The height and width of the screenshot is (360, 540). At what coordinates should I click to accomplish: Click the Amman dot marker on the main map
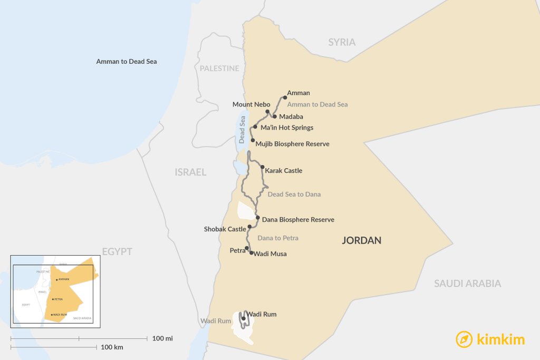tap(285, 98)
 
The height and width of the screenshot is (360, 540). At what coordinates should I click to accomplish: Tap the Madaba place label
tap(291, 116)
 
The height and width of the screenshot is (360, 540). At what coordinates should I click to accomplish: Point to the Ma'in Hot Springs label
tap(287, 128)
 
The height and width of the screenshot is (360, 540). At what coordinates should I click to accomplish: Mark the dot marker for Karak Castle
tap(262, 167)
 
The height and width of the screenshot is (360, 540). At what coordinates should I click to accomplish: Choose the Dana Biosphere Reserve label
tap(298, 220)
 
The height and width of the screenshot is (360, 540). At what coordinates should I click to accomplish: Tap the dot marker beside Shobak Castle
tap(249, 227)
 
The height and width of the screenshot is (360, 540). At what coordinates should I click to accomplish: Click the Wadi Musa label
tap(270, 254)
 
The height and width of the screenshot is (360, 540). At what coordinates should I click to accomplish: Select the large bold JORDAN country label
tap(361, 240)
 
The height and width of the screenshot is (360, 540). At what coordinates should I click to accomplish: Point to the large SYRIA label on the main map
tap(342, 42)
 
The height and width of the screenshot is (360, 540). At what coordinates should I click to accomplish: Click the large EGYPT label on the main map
tap(117, 251)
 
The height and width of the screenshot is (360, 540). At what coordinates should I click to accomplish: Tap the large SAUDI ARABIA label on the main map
tap(467, 284)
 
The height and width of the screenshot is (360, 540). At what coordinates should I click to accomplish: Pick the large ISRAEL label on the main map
tap(190, 172)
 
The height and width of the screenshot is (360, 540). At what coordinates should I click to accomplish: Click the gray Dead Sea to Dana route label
tap(294, 194)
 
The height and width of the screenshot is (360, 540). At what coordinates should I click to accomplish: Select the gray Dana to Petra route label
tap(277, 238)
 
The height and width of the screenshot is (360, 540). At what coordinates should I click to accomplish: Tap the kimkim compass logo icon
tap(464, 339)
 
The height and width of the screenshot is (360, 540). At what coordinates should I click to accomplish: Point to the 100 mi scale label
tap(162, 338)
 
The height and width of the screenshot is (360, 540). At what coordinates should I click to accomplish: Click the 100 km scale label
tap(112, 347)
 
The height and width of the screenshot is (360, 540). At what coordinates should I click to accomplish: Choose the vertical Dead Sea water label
tap(242, 130)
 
